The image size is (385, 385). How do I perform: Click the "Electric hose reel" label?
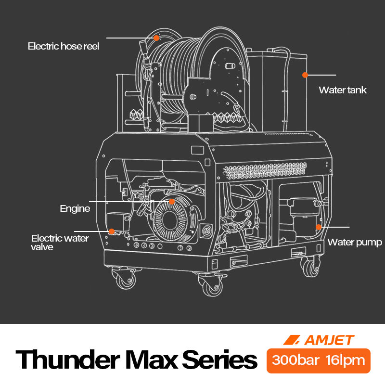[63, 47]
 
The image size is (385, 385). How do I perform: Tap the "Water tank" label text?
[343, 90]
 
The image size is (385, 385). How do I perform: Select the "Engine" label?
[75, 208]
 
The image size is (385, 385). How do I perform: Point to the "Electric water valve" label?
[60, 242]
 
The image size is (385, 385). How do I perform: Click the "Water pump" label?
[355, 242]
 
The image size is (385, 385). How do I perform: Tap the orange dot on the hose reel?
[156, 38]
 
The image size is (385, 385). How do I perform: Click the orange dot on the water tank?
[305, 75]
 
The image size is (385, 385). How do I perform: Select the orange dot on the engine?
[171, 202]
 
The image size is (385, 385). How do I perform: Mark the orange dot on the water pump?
[318, 226]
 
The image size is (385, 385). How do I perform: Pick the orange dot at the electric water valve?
[111, 231]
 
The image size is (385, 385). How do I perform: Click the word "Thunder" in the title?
[67, 359]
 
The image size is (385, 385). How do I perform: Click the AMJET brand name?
[329, 340]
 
